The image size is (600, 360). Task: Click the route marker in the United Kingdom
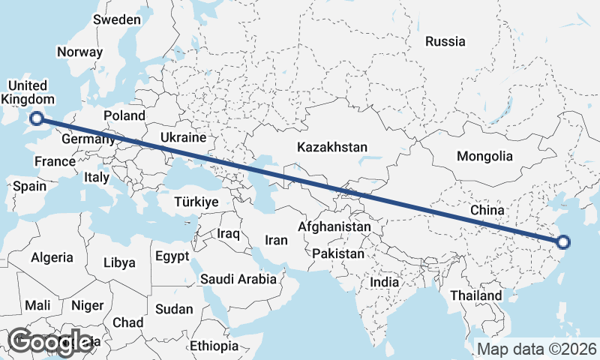click(36, 117)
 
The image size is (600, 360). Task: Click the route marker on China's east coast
click(564, 241)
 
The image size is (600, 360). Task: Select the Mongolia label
click(484, 157)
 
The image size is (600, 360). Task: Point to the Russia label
click(445, 42)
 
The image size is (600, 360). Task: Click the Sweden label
click(117, 19)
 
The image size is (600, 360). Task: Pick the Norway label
click(79, 52)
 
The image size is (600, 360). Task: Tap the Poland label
click(124, 115)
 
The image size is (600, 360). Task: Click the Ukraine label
click(183, 138)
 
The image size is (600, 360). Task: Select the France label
click(55, 161)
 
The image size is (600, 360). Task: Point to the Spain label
click(29, 186)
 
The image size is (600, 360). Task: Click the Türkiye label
click(196, 202)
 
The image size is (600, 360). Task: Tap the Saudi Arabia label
click(238, 280)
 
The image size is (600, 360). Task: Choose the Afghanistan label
click(334, 226)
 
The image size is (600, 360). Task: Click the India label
click(385, 283)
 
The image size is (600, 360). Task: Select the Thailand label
click(476, 296)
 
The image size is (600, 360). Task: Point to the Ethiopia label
click(214, 346)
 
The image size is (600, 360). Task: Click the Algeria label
click(52, 257)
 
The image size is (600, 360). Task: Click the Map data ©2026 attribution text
click(537, 349)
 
